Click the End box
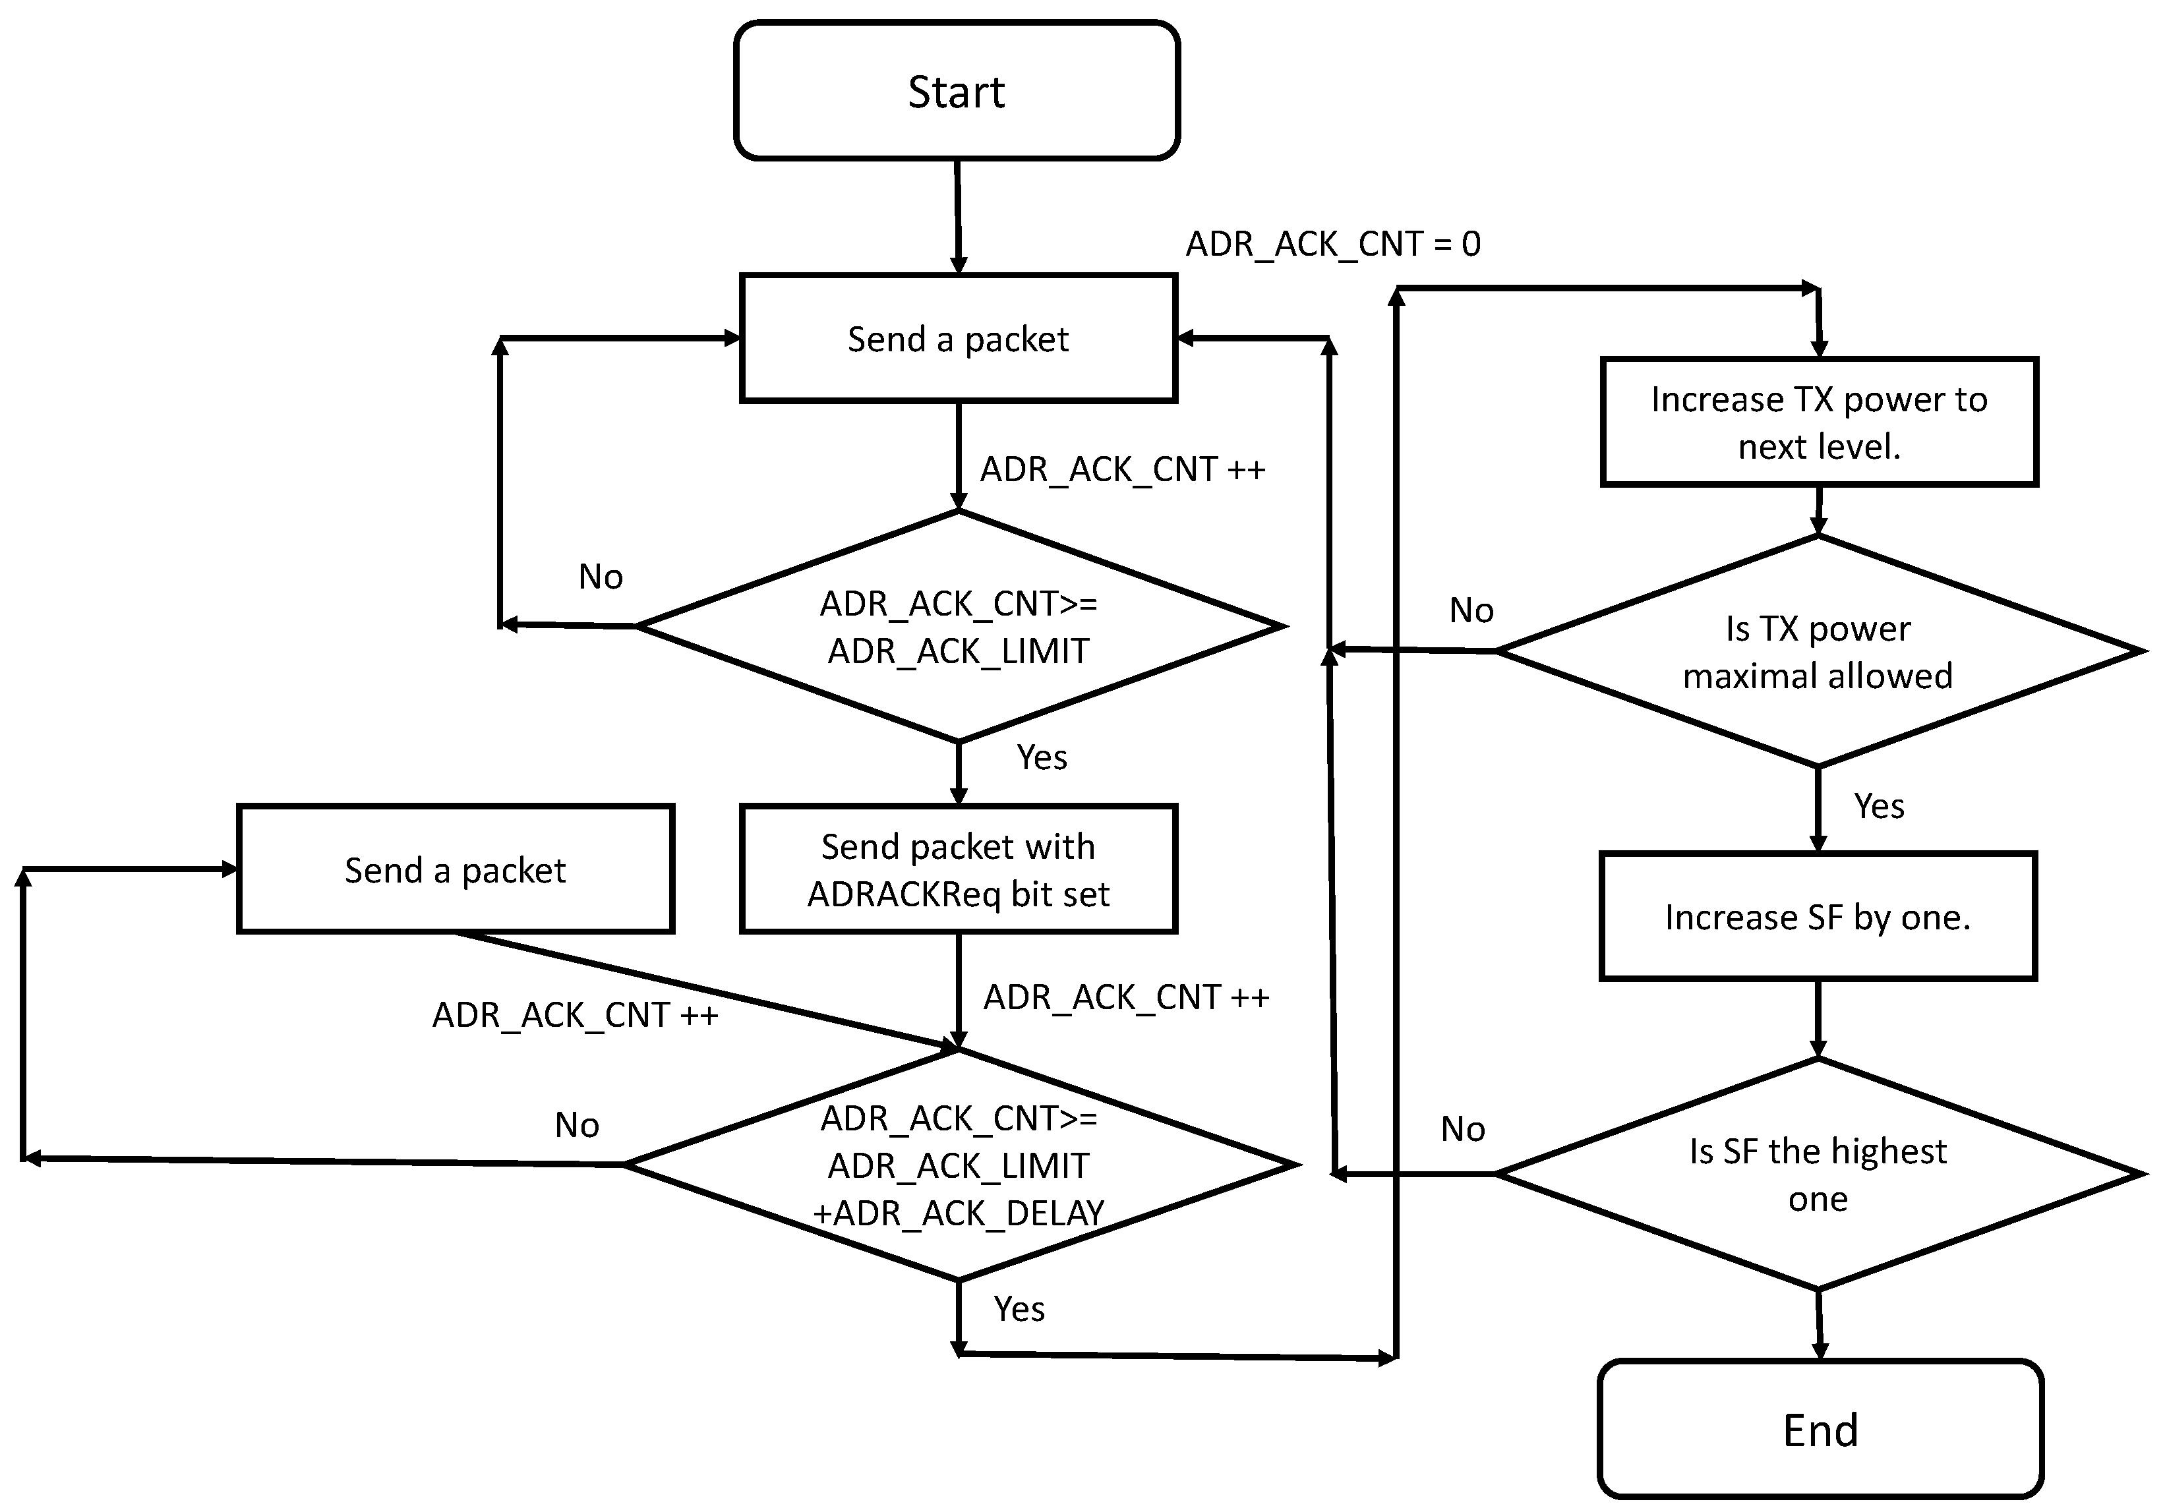[x=1820, y=1429]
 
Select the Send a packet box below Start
[x=958, y=338]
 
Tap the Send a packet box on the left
[x=456, y=869]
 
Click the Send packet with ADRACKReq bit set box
[x=958, y=869]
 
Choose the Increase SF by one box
[x=1818, y=916]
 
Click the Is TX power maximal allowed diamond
[x=1818, y=651]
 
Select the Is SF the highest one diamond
[x=1818, y=1174]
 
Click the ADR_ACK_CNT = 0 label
[x=1333, y=244]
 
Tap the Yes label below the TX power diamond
[x=1878, y=806]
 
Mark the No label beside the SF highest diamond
[x=1462, y=1128]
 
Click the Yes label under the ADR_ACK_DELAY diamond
[x=1019, y=1308]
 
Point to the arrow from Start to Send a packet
[x=958, y=217]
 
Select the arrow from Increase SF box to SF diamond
[x=1818, y=1019]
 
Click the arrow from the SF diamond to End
[x=1819, y=1324]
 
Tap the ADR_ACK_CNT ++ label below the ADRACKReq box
[x=1126, y=997]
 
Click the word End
[x=1820, y=1430]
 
